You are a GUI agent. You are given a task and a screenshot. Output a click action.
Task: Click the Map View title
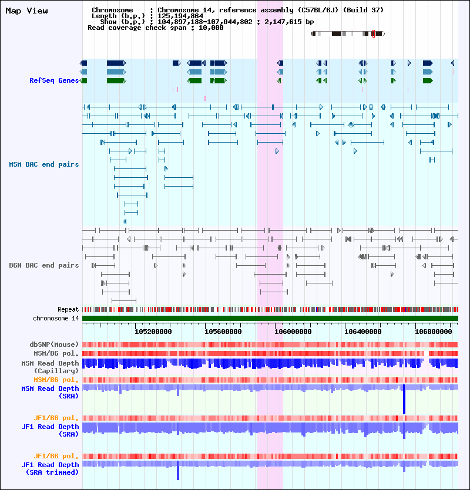click(x=26, y=11)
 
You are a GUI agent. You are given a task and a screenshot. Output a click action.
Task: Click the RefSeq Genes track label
click(x=54, y=80)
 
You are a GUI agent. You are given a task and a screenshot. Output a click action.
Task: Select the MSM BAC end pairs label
click(x=43, y=164)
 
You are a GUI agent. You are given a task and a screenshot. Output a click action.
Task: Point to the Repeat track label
click(x=68, y=309)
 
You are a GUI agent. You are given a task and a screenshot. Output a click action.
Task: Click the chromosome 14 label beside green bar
click(x=56, y=318)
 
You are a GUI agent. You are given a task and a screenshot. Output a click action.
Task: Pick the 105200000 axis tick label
click(x=153, y=331)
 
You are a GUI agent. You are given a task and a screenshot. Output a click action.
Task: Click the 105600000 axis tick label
click(x=223, y=331)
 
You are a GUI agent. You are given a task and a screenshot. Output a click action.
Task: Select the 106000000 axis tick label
click(x=293, y=331)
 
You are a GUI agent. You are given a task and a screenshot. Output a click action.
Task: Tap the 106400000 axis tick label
click(x=363, y=331)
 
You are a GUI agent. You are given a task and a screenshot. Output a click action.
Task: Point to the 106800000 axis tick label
click(x=433, y=331)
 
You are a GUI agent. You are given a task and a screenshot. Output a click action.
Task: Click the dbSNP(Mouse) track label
click(x=54, y=344)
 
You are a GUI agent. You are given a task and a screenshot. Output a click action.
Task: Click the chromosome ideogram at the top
click(x=348, y=34)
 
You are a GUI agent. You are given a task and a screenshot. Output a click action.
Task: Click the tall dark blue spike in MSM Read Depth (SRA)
click(x=404, y=400)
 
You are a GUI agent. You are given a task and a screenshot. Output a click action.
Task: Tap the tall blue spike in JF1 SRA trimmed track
click(x=177, y=471)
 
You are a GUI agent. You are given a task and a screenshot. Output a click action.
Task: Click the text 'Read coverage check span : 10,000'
click(x=155, y=28)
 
